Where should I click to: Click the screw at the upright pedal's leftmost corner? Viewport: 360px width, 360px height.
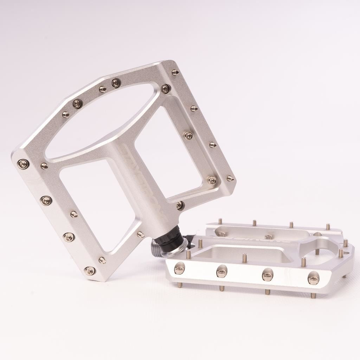[x=23, y=164]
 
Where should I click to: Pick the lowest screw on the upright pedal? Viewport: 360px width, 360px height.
[x=90, y=270]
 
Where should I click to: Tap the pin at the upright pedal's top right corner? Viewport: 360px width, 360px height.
[x=175, y=72]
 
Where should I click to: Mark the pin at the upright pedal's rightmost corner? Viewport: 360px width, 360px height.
[x=230, y=179]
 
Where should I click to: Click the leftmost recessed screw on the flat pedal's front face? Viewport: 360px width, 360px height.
[x=179, y=269]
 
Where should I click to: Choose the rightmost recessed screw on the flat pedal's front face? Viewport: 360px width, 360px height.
[x=313, y=278]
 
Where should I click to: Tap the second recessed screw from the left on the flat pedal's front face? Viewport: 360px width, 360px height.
[x=221, y=271]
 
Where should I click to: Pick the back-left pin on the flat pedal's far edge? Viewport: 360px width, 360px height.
[x=220, y=221]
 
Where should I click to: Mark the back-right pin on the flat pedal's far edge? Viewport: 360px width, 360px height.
[x=328, y=226]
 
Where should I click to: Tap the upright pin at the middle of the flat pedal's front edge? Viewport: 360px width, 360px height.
[x=245, y=258]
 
